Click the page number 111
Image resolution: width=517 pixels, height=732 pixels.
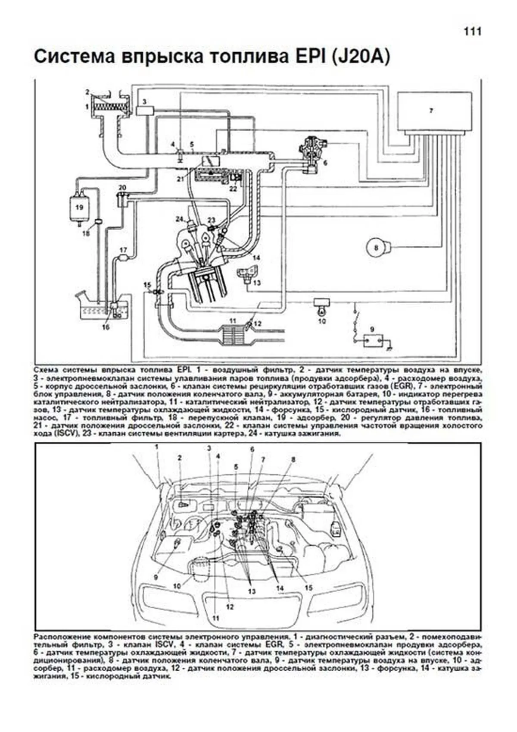click(472, 31)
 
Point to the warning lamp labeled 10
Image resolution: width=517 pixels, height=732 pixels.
click(321, 307)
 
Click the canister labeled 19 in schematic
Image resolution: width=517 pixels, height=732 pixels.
click(79, 208)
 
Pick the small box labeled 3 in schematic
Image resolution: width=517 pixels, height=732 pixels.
click(145, 110)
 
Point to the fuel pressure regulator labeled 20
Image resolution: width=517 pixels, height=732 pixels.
click(123, 199)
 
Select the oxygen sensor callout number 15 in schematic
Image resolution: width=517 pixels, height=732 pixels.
click(147, 284)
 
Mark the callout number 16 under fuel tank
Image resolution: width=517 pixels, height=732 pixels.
click(106, 327)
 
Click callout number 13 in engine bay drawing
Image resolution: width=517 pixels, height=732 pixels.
click(252, 591)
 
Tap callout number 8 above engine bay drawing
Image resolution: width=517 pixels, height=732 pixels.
click(293, 460)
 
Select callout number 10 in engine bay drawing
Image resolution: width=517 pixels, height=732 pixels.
click(177, 586)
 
